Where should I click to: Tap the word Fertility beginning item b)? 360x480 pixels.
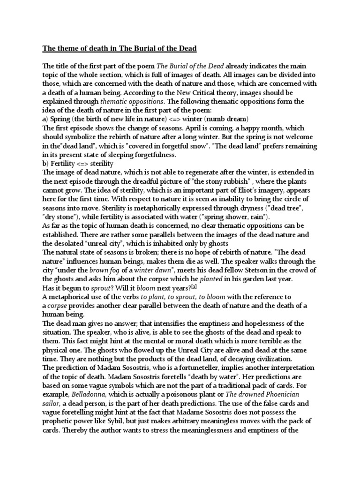pyautogui.click(x=65, y=163)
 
